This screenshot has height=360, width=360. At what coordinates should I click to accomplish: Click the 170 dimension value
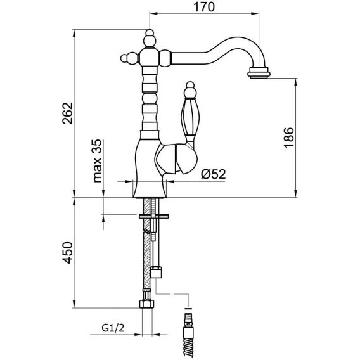(x=204, y=7)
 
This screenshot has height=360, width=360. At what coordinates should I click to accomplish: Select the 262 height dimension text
(x=67, y=113)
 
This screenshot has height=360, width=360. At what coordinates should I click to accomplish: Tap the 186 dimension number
(x=289, y=138)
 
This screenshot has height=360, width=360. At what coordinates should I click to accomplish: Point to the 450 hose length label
(x=67, y=252)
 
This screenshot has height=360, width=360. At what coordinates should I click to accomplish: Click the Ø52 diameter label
(x=214, y=174)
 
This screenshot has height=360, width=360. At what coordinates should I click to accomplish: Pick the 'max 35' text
(x=98, y=161)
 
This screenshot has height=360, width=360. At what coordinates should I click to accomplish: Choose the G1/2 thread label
(x=113, y=328)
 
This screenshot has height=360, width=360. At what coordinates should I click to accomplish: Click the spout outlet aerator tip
(x=259, y=73)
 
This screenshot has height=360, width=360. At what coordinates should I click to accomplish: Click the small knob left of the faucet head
(x=129, y=58)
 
